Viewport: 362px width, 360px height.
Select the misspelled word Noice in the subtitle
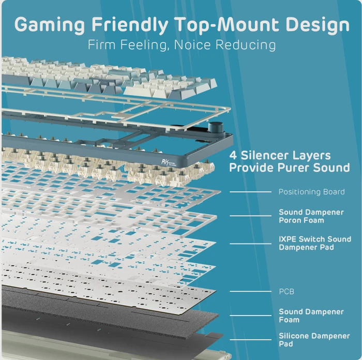[x=192, y=44]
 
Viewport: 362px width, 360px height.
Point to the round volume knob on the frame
[x=216, y=127]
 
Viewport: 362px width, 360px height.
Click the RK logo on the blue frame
[x=168, y=162]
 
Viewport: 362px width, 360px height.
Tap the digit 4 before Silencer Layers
[x=233, y=155]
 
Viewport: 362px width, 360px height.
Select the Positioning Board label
[x=312, y=192]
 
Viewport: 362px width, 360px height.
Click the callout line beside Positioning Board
[x=250, y=192]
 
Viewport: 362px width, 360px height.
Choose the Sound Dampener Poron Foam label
[x=311, y=216]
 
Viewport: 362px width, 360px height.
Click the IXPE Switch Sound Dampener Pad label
[x=315, y=243]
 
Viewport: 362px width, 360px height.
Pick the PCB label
[x=286, y=291]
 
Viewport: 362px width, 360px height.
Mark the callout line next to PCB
[x=250, y=291]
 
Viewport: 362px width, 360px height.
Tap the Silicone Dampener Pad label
[x=314, y=340]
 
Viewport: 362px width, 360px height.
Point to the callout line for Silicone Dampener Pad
[x=250, y=340]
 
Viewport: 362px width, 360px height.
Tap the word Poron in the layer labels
[x=290, y=220]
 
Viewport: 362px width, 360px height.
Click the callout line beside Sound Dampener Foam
[x=250, y=316]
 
